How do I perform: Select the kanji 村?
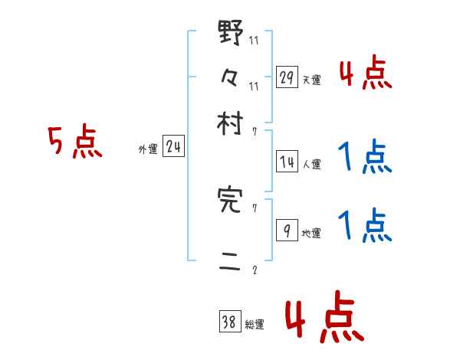[x=231, y=123]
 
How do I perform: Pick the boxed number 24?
[x=173, y=147]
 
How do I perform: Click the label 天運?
[x=311, y=80]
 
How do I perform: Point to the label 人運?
[x=312, y=164]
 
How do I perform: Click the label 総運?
[x=255, y=325]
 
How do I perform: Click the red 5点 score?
[x=74, y=143]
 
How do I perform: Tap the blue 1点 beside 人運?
[x=365, y=159]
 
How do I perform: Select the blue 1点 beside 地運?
[x=365, y=227]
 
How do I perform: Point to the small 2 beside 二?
[x=255, y=270]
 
